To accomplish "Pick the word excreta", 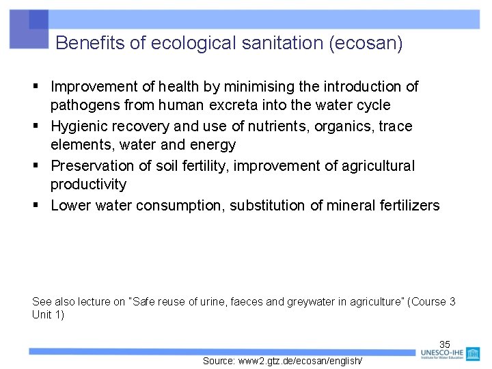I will (236, 105).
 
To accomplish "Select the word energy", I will (211, 145).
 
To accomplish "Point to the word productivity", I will (89, 184).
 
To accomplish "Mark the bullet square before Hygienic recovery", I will (36, 126).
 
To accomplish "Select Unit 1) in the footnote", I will (48, 315).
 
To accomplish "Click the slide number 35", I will (445, 344).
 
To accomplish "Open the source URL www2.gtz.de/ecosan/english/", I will (282, 361).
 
